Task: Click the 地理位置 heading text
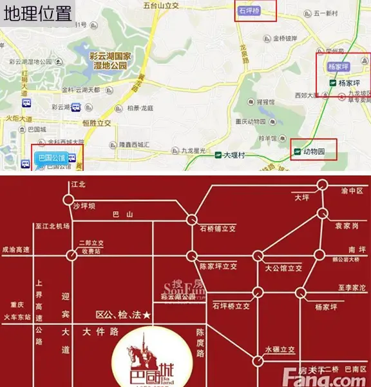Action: (x=37, y=12)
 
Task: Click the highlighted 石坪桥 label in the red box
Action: (x=249, y=12)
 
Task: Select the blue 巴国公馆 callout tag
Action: (x=52, y=157)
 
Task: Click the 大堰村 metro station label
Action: (x=236, y=155)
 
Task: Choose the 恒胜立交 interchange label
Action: (x=97, y=123)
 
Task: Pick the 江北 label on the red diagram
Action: (x=78, y=184)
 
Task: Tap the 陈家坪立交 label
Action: (x=219, y=265)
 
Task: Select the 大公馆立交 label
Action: (x=283, y=265)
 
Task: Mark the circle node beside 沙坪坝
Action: (x=68, y=200)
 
